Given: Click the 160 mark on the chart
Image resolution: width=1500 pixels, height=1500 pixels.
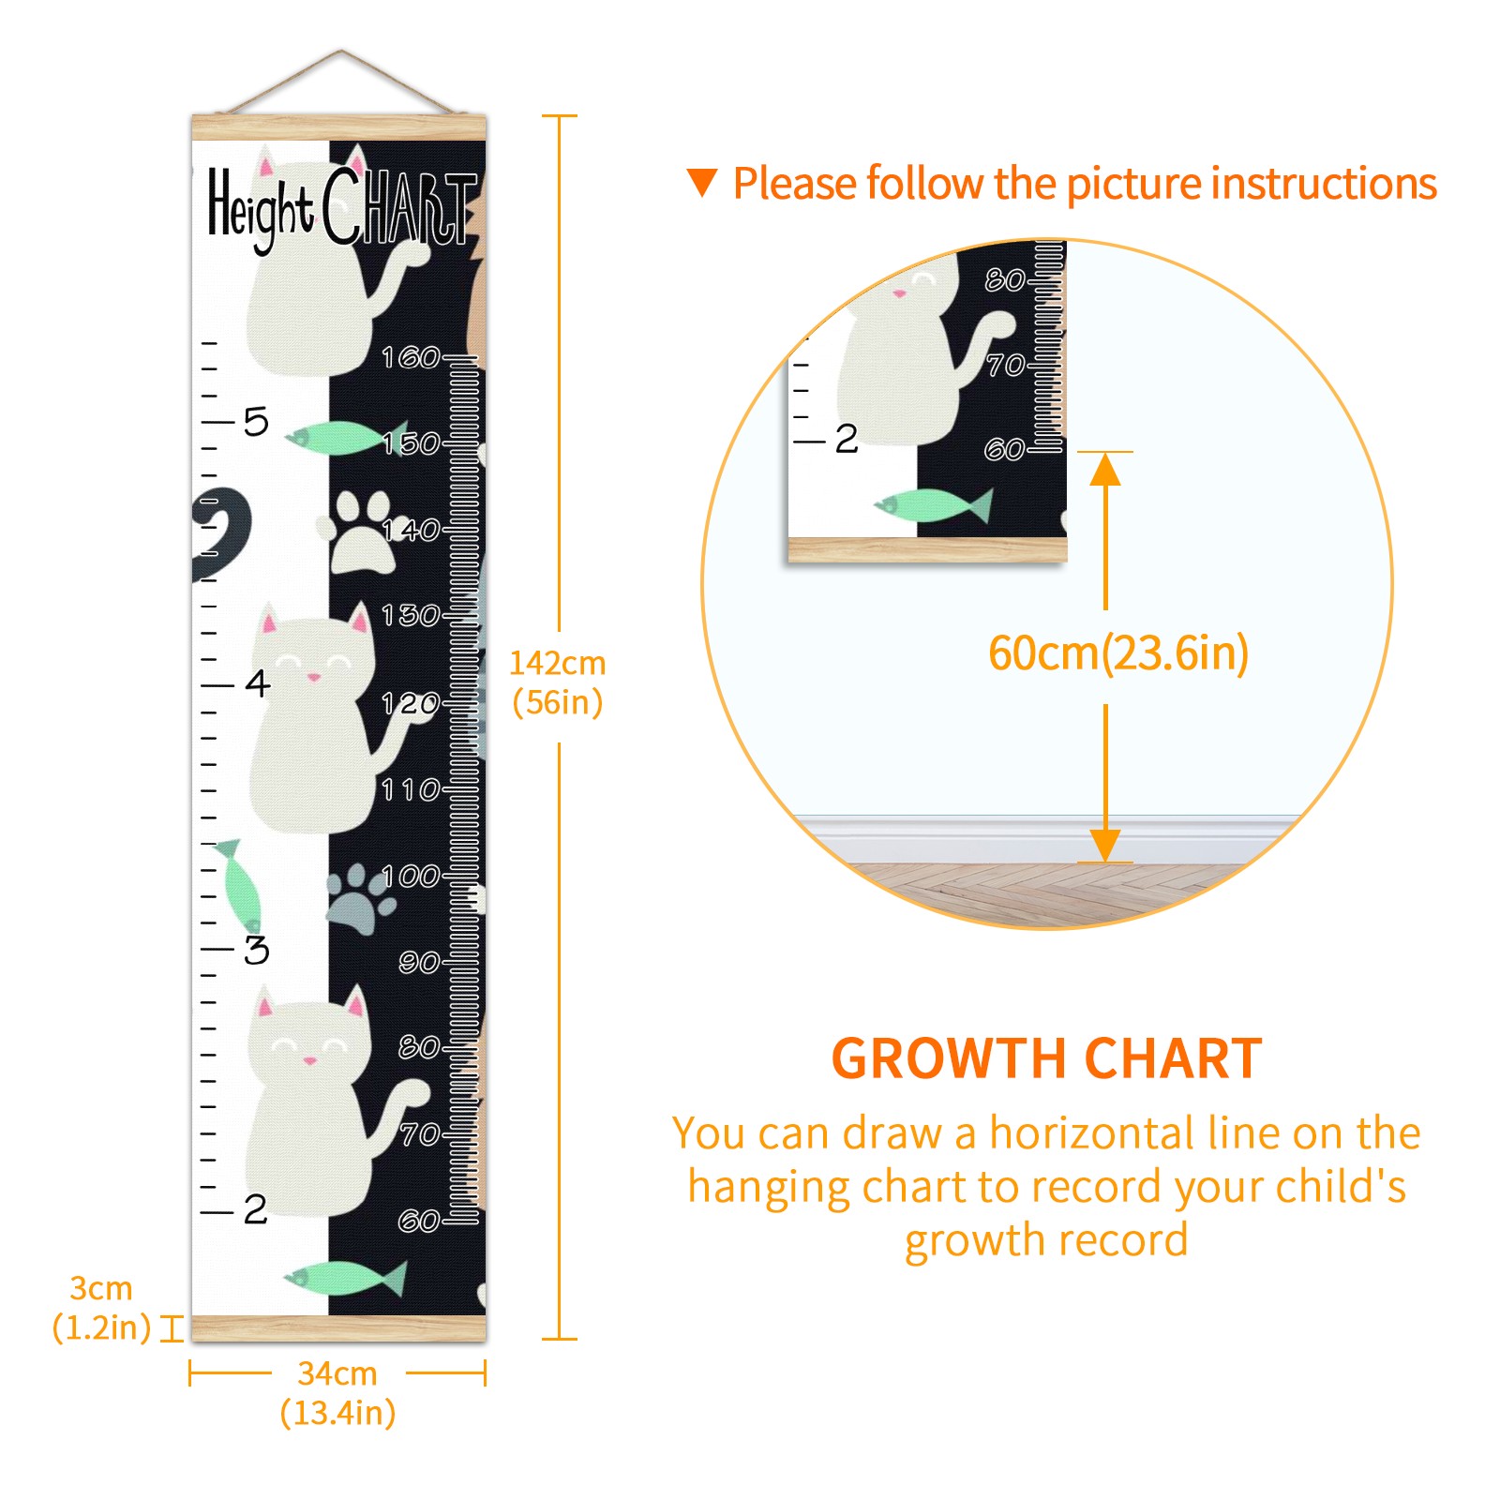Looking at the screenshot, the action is [410, 357].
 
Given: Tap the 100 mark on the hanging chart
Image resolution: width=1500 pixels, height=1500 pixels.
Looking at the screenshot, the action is [410, 876].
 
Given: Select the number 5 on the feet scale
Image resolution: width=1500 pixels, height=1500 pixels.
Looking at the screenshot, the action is [256, 422].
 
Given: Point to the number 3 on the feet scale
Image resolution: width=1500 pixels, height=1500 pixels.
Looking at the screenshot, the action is [256, 950].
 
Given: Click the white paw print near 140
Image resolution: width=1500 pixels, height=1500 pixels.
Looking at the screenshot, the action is [361, 531].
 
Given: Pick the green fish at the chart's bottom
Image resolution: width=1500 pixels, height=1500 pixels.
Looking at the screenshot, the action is [345, 1278].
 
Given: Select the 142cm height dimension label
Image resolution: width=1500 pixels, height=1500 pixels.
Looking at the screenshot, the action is [558, 682].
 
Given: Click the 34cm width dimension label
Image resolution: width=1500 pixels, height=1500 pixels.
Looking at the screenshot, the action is [337, 1393].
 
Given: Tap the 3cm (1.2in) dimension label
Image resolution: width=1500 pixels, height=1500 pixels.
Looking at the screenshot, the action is [101, 1308].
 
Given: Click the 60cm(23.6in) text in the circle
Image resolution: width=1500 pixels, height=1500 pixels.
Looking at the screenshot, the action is [1118, 653].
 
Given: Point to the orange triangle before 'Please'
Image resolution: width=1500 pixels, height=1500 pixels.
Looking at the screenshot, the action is [702, 183].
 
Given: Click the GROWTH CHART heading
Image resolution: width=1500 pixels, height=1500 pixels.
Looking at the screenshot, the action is [1047, 1058].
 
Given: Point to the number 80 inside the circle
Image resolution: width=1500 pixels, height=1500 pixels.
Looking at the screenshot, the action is [1004, 279].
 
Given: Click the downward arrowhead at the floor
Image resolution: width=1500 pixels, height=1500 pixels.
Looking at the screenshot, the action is [1105, 846].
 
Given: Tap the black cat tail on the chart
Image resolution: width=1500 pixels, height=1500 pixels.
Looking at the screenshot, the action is [221, 535].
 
